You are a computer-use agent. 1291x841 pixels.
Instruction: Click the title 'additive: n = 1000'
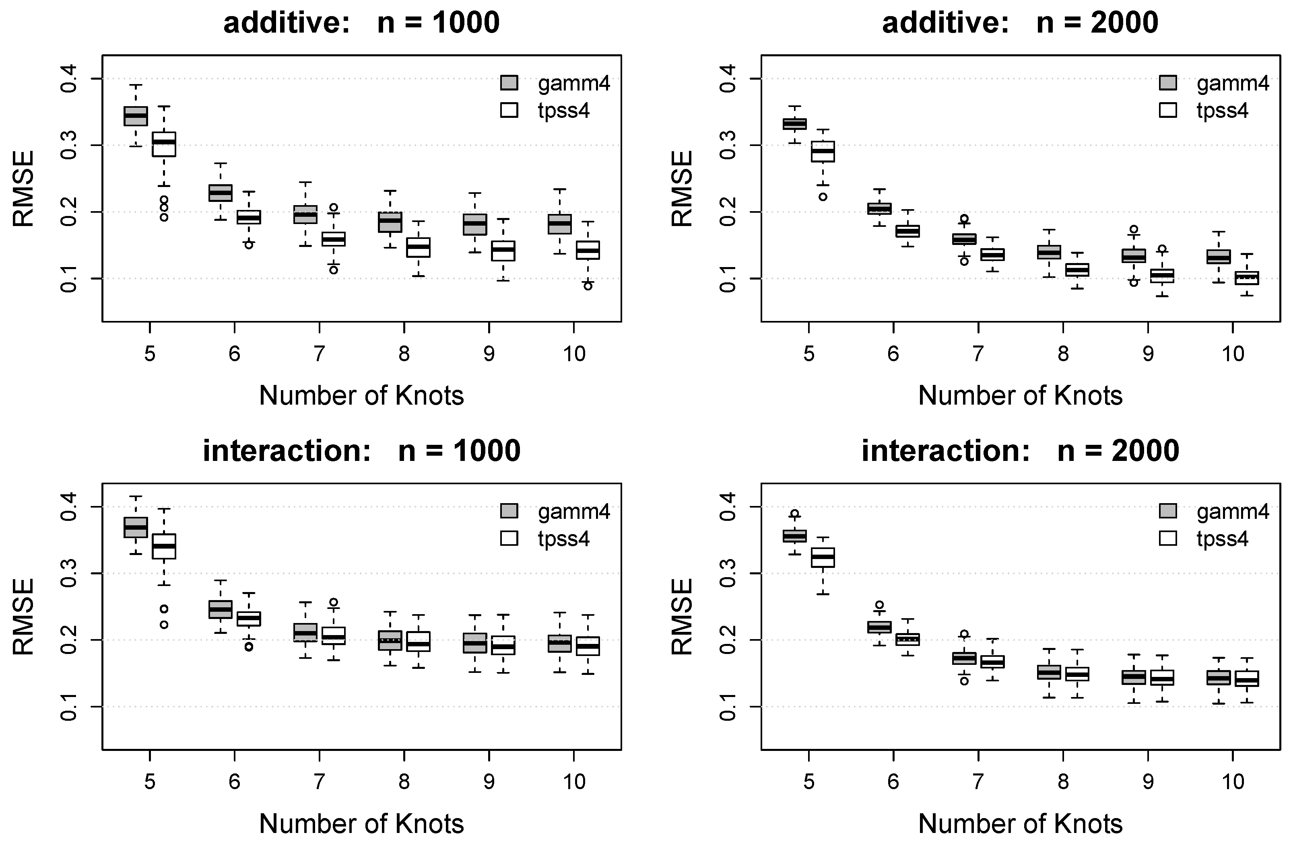click(x=361, y=23)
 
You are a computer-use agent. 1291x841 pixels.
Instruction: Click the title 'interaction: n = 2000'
click(x=1020, y=450)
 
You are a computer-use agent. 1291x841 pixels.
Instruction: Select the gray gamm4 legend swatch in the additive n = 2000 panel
click(x=1168, y=83)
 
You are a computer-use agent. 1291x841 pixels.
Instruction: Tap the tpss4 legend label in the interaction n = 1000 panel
click(x=563, y=539)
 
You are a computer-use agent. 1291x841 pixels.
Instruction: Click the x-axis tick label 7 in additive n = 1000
click(x=319, y=354)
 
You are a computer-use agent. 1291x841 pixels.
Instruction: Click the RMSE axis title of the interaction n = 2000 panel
click(x=682, y=617)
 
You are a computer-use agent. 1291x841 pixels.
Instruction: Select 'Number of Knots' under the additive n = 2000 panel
click(x=1020, y=396)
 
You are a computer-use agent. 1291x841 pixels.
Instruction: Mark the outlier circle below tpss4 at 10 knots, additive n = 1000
click(x=588, y=285)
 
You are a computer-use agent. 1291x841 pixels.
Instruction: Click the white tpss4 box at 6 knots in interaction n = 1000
click(x=249, y=619)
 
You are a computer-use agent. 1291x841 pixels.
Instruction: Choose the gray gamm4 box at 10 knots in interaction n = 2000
click(x=1218, y=678)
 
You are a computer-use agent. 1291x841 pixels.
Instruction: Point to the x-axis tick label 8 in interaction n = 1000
click(x=404, y=782)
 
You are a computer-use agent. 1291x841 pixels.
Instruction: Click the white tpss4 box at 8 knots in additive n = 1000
click(x=418, y=247)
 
